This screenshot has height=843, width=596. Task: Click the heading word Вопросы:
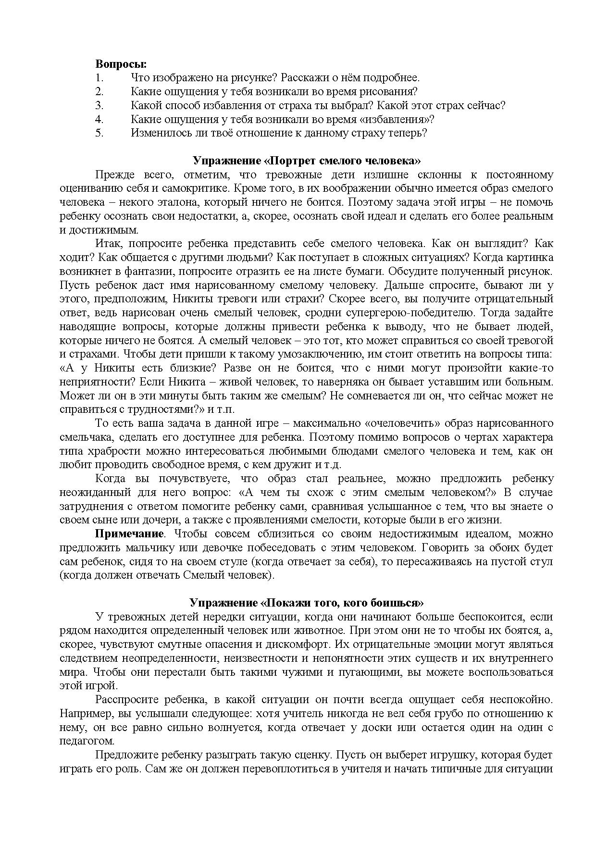[x=121, y=64]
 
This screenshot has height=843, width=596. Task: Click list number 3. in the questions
[x=99, y=105]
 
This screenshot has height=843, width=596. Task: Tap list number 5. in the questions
[x=99, y=133]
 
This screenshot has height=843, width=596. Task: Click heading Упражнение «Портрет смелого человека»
[x=307, y=161]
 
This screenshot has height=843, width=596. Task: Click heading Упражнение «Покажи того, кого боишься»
[x=307, y=603]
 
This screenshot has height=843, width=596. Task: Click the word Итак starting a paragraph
[x=108, y=243]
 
